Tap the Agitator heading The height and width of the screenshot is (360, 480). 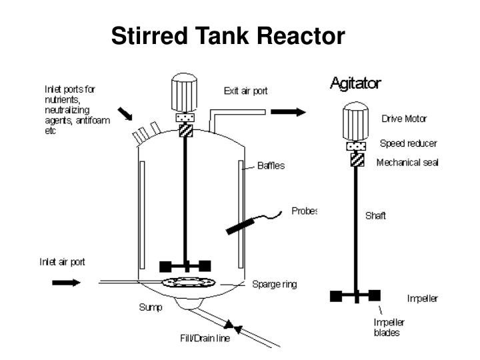(356, 83)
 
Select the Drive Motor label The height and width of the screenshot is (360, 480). (404, 119)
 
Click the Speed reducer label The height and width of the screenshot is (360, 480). (408, 143)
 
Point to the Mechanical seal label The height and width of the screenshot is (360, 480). (407, 162)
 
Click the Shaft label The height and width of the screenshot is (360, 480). (375, 215)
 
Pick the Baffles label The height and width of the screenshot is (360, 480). (271, 165)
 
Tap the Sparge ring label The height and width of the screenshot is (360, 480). (274, 284)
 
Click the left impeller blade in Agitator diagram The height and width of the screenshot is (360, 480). (337, 294)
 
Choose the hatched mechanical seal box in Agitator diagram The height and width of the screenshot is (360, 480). (357, 160)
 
